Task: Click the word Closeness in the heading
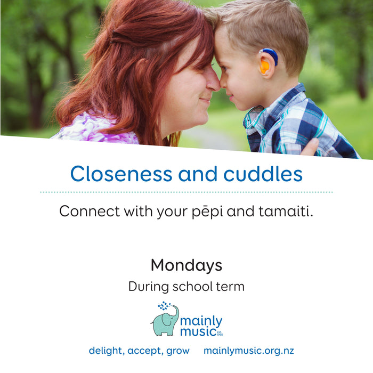(x=121, y=173)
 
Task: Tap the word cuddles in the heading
(x=263, y=173)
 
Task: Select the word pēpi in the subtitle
(x=207, y=212)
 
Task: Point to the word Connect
(x=90, y=211)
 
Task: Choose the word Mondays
(x=186, y=265)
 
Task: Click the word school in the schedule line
(x=189, y=287)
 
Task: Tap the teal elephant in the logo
(x=165, y=321)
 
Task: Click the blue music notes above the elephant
(x=164, y=306)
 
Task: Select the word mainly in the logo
(x=201, y=322)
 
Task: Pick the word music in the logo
(x=198, y=331)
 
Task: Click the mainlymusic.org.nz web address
(x=249, y=351)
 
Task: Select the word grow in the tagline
(x=178, y=352)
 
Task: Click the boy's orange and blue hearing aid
(x=269, y=61)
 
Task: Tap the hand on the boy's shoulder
(x=310, y=147)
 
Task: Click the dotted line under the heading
(x=186, y=192)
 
